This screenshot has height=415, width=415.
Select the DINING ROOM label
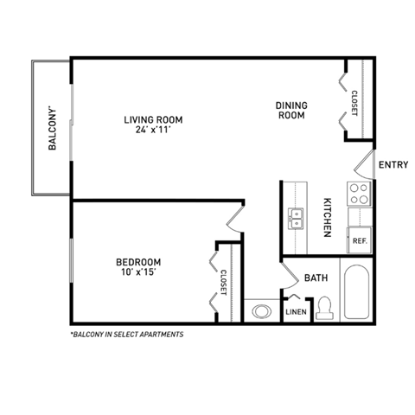[291, 111]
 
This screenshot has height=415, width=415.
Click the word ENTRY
[393, 164]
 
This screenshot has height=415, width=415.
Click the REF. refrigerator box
[359, 242]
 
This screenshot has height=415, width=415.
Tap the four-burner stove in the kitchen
[359, 194]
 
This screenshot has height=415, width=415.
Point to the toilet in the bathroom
[325, 307]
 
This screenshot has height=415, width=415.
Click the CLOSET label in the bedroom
[223, 284]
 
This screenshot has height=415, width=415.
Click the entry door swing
[364, 164]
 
